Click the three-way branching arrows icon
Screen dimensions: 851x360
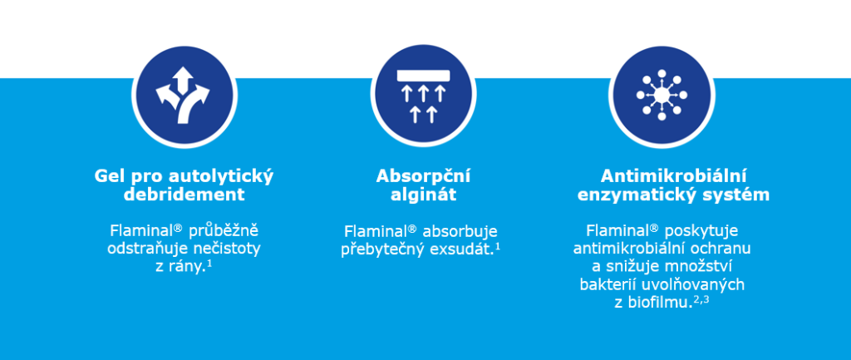pos(183,95)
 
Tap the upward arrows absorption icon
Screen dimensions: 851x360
pos(423,96)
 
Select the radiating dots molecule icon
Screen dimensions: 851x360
pos(662,95)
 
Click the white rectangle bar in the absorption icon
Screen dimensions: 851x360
pos(423,76)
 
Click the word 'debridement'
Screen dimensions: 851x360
pos(184,195)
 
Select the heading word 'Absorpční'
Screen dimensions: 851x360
pos(423,176)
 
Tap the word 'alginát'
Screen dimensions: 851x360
pos(423,195)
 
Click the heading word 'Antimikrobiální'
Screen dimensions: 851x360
pos(673,176)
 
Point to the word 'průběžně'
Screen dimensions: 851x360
pos(224,231)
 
